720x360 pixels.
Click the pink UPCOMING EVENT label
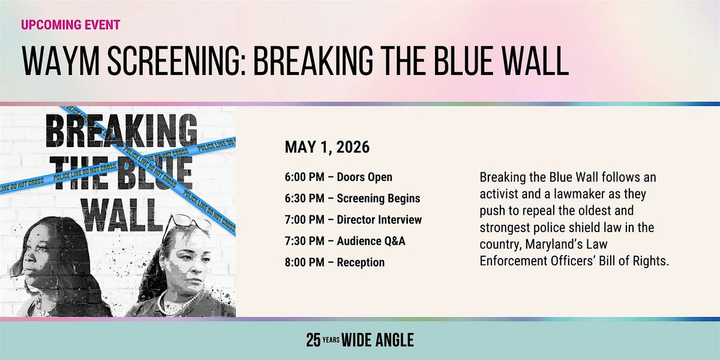(71, 25)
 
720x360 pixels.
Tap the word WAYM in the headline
(61, 61)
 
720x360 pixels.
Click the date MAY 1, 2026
(327, 147)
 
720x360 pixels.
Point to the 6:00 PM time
(304, 177)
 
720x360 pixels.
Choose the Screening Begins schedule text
(379, 199)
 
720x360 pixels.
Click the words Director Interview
(379, 220)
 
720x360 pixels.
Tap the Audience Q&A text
(371, 241)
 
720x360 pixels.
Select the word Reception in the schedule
(361, 262)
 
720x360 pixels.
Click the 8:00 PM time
(304, 262)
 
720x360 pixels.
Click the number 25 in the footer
(313, 340)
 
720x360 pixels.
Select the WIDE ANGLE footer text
(377, 340)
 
